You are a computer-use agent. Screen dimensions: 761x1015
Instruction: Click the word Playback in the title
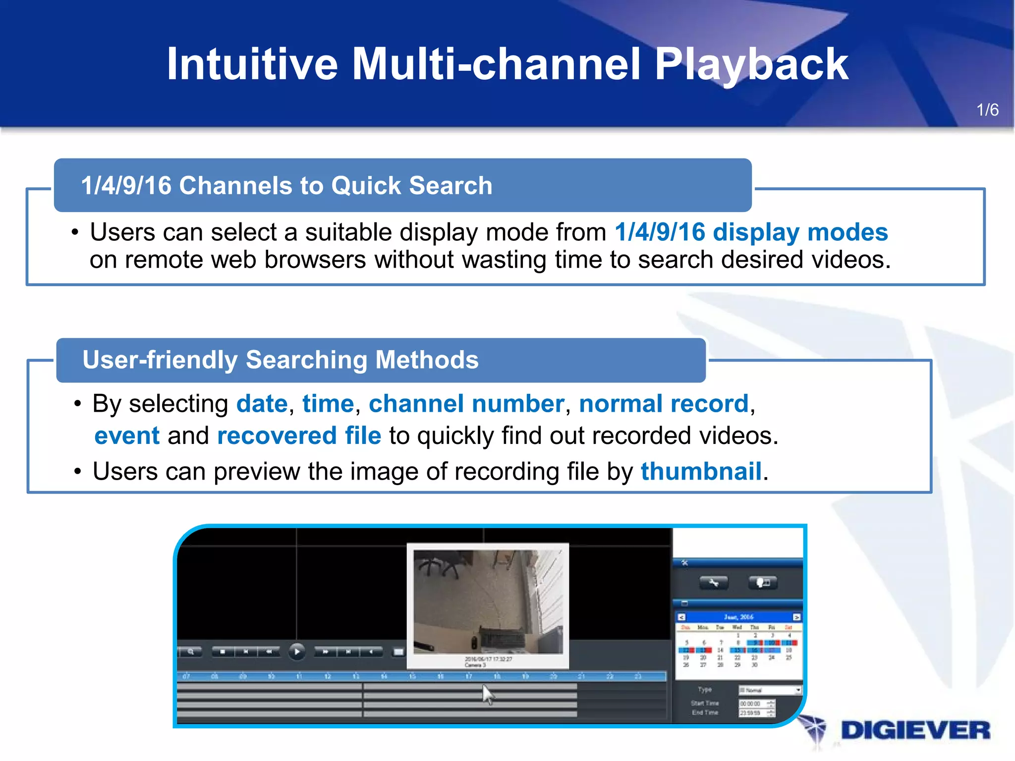point(751,64)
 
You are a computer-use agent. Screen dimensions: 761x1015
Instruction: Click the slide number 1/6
point(987,110)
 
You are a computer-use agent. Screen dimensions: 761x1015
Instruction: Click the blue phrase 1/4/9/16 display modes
point(751,232)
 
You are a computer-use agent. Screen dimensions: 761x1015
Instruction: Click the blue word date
point(262,404)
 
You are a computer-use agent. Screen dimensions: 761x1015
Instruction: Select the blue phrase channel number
point(466,404)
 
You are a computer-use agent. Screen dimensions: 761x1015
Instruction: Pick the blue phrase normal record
point(663,404)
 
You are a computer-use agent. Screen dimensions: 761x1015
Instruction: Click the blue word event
point(127,436)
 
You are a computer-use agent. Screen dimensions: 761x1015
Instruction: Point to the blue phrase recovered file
point(299,436)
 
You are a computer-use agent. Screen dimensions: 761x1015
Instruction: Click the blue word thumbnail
point(701,471)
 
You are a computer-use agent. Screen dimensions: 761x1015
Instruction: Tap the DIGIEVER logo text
point(915,731)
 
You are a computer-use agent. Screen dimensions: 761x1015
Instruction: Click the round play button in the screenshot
point(297,652)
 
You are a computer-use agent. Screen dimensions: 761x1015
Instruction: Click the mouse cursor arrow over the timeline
point(488,694)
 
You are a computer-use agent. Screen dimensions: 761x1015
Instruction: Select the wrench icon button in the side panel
point(714,583)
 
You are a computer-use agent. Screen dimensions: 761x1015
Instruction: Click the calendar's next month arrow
point(796,617)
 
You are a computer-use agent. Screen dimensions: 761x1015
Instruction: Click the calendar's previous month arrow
point(681,617)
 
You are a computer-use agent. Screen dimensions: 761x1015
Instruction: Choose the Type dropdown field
point(769,690)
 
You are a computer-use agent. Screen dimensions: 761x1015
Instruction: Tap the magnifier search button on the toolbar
point(190,652)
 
